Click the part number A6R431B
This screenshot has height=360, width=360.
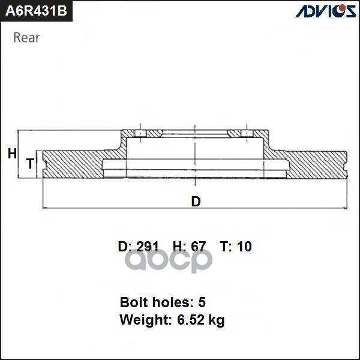[36, 11]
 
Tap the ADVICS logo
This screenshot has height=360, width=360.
[326, 11]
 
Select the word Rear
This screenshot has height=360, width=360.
[26, 38]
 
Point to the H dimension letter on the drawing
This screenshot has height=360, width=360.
[12, 154]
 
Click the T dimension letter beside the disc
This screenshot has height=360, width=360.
[31, 163]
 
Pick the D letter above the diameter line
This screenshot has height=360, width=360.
[196, 202]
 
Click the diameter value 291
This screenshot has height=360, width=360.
[148, 247]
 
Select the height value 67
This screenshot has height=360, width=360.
[198, 247]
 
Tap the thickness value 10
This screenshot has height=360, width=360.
[245, 247]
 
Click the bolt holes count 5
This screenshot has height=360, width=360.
[202, 302]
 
